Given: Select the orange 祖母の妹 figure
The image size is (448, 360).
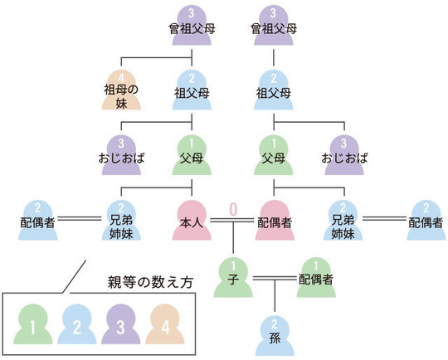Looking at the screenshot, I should coord(121,90).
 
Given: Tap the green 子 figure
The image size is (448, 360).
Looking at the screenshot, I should coord(235,278).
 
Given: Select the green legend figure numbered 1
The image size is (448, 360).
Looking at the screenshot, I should coord(32,326).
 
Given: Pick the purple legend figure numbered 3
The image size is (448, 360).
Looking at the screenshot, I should coord(120,326).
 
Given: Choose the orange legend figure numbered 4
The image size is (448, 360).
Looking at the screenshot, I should coord(164,326).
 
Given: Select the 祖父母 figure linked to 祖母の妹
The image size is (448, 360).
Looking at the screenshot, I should coord(192,90).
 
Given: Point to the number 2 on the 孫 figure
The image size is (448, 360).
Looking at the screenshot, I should coord(275,321).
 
